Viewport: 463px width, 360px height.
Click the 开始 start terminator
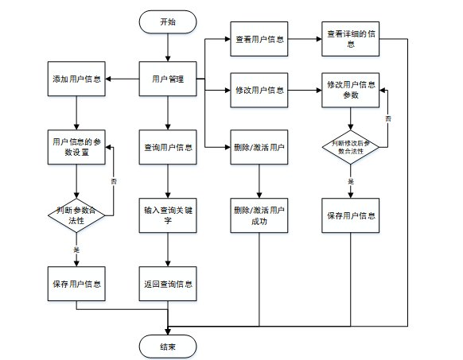pyautogui.click(x=168, y=21)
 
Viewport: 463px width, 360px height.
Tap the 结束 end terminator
pyautogui.click(x=168, y=346)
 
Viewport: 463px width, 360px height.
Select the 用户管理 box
pyautogui.click(x=168, y=79)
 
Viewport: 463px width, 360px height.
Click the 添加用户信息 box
pyautogui.click(x=76, y=79)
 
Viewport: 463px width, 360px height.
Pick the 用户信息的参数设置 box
pyautogui.click(x=76, y=147)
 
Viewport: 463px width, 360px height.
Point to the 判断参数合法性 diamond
pyautogui.click(x=76, y=215)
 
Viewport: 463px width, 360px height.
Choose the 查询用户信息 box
pyautogui.click(x=168, y=147)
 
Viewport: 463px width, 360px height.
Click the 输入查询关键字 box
pyautogui.click(x=168, y=215)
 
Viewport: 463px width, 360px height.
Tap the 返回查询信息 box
pyautogui.click(x=168, y=284)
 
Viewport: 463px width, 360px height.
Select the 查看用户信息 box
pyautogui.click(x=259, y=39)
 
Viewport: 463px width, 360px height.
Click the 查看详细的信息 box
pyautogui.click(x=351, y=39)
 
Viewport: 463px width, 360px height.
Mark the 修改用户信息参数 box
pyautogui.click(x=351, y=90)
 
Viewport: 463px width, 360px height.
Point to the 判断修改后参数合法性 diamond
pyautogui.click(x=351, y=147)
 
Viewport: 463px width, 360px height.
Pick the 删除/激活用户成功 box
pyautogui.click(x=259, y=215)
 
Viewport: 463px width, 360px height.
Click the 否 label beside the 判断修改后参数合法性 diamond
pyautogui.click(x=388, y=118)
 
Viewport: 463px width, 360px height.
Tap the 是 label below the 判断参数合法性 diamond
pyautogui.click(x=76, y=250)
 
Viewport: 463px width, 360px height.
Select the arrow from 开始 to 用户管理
pyautogui.click(x=168, y=47)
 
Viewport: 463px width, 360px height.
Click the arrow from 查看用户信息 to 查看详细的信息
pyautogui.click(x=305, y=39)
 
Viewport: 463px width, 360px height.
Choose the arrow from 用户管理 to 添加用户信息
pyautogui.click(x=123, y=79)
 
